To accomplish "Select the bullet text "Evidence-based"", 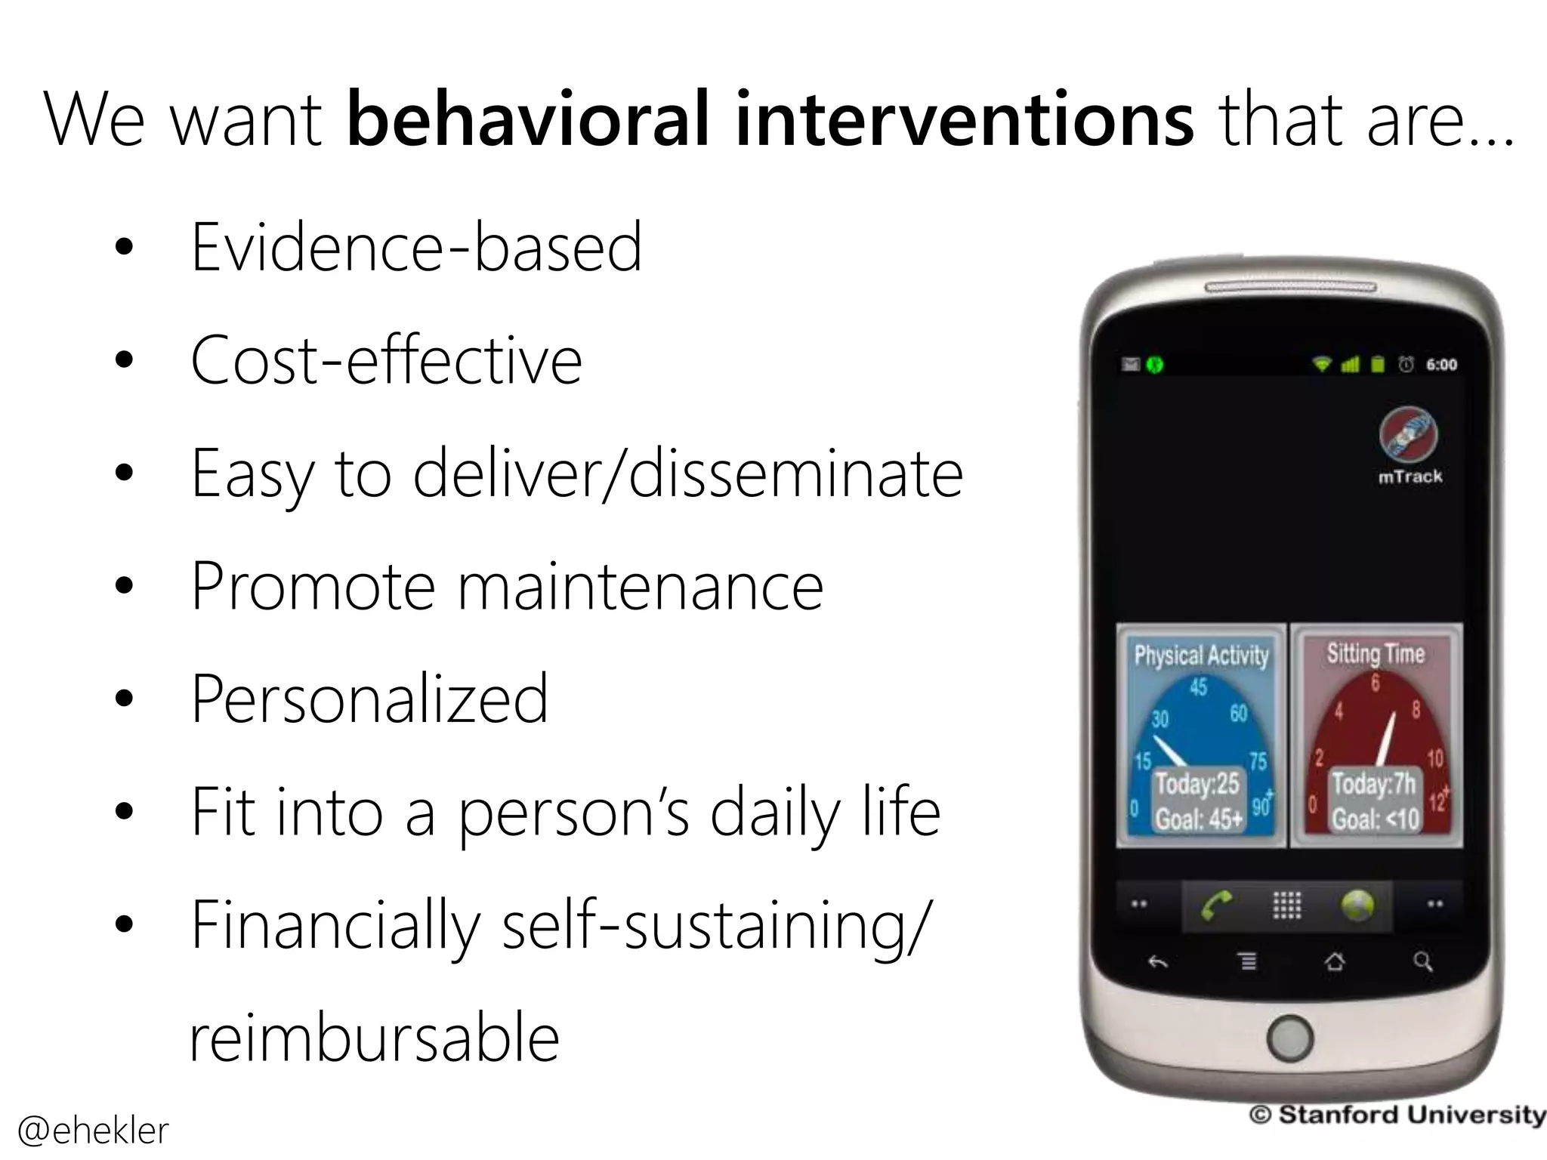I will [416, 247].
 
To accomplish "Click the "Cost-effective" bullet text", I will [386, 360].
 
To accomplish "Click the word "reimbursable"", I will [374, 1038].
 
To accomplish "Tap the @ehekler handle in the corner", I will [93, 1131].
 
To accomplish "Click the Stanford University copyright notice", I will [1397, 1115].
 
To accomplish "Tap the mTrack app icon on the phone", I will [1409, 435].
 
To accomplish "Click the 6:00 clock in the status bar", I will [1441, 365].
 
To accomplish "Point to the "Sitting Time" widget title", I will [1376, 653].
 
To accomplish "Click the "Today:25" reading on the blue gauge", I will [1197, 784].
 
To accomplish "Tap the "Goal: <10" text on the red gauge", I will [1376, 819].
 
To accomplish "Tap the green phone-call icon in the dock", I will [1215, 905].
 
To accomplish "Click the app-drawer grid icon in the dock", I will [1287, 905].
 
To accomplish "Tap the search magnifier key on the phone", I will [1422, 961].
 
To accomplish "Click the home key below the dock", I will [1335, 961].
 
